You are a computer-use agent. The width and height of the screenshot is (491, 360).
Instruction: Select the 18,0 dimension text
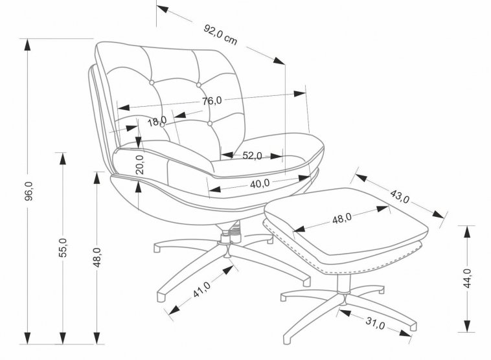point(157,120)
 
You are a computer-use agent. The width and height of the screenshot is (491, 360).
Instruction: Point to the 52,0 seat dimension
point(252,155)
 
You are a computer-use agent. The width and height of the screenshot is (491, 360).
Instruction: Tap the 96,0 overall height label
point(28,191)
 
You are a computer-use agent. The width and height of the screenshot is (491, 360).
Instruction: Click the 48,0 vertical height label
point(97,258)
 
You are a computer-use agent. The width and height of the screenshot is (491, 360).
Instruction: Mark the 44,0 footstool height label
point(468,279)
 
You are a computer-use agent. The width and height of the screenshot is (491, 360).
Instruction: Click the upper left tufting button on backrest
point(152,83)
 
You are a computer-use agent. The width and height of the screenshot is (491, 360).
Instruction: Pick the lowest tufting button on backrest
point(210,122)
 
